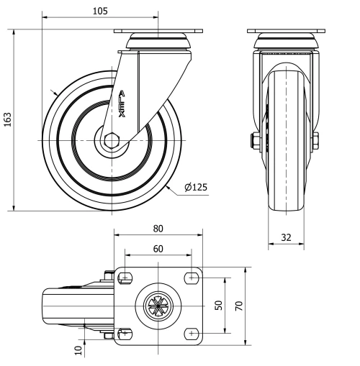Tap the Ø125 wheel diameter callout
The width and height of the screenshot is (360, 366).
195,188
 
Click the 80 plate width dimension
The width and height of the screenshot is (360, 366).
158,229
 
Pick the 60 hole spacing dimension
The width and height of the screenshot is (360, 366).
158,248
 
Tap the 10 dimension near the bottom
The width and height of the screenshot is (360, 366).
77,349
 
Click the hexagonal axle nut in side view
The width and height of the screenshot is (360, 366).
112,139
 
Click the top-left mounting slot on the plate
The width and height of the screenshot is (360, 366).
125,277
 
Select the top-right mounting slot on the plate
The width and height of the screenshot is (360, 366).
192,277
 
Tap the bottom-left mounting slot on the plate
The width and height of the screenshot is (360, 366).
125,332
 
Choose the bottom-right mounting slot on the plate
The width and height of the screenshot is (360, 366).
192,332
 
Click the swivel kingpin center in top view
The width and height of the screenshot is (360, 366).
158,305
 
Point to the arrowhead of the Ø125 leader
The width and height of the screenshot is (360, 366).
168,186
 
